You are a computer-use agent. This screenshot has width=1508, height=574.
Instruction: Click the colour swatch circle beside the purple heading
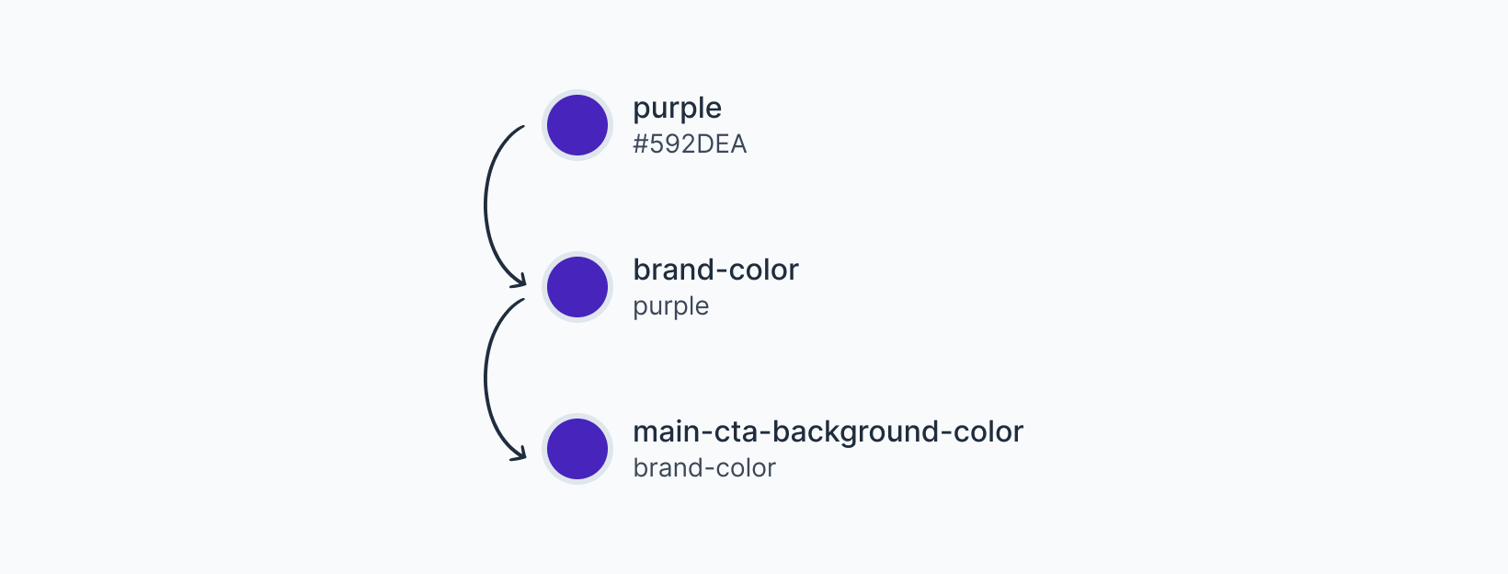(577, 125)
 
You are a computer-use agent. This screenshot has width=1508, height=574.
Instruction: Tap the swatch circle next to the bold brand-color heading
(577, 287)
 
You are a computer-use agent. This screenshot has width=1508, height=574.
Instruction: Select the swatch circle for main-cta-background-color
(577, 449)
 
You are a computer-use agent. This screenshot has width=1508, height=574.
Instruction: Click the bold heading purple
(677, 109)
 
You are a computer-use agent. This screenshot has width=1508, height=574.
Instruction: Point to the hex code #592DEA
(690, 144)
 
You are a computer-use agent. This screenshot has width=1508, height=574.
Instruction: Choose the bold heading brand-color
(715, 270)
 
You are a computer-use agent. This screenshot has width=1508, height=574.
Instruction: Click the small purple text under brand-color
(670, 306)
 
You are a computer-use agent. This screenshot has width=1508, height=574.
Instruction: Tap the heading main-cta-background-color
(828, 431)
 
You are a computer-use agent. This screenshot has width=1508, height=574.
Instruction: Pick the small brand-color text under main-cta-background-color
(704, 468)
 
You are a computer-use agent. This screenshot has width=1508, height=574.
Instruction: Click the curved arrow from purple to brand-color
(486, 202)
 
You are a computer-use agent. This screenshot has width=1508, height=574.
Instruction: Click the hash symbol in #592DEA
(641, 144)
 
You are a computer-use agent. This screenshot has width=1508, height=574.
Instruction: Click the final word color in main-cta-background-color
(988, 431)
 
